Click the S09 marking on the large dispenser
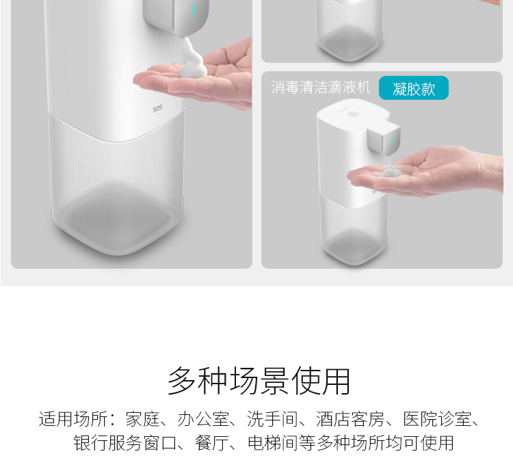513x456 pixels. pos(157,109)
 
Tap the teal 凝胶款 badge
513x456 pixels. pos(414,88)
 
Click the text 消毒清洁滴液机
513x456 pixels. pos(321,88)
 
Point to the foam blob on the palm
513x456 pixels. pos(193,58)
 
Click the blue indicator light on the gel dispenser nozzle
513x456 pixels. pos(393,142)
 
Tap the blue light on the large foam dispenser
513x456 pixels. pos(194,10)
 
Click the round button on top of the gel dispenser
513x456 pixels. pos(353,114)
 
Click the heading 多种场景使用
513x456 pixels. pos(259,381)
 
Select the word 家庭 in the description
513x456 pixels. pos(143,419)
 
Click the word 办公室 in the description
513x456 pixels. pos(204,419)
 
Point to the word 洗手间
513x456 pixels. pos(272,419)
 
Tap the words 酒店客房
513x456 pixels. pos(350,419)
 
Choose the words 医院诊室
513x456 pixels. pos(437,419)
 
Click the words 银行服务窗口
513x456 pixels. pos(125,443)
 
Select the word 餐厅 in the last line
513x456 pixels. pos(212,443)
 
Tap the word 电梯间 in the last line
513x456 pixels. pos(273,443)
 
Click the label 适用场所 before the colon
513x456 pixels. pos(73,419)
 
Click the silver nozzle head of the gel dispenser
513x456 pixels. pos(384,139)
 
